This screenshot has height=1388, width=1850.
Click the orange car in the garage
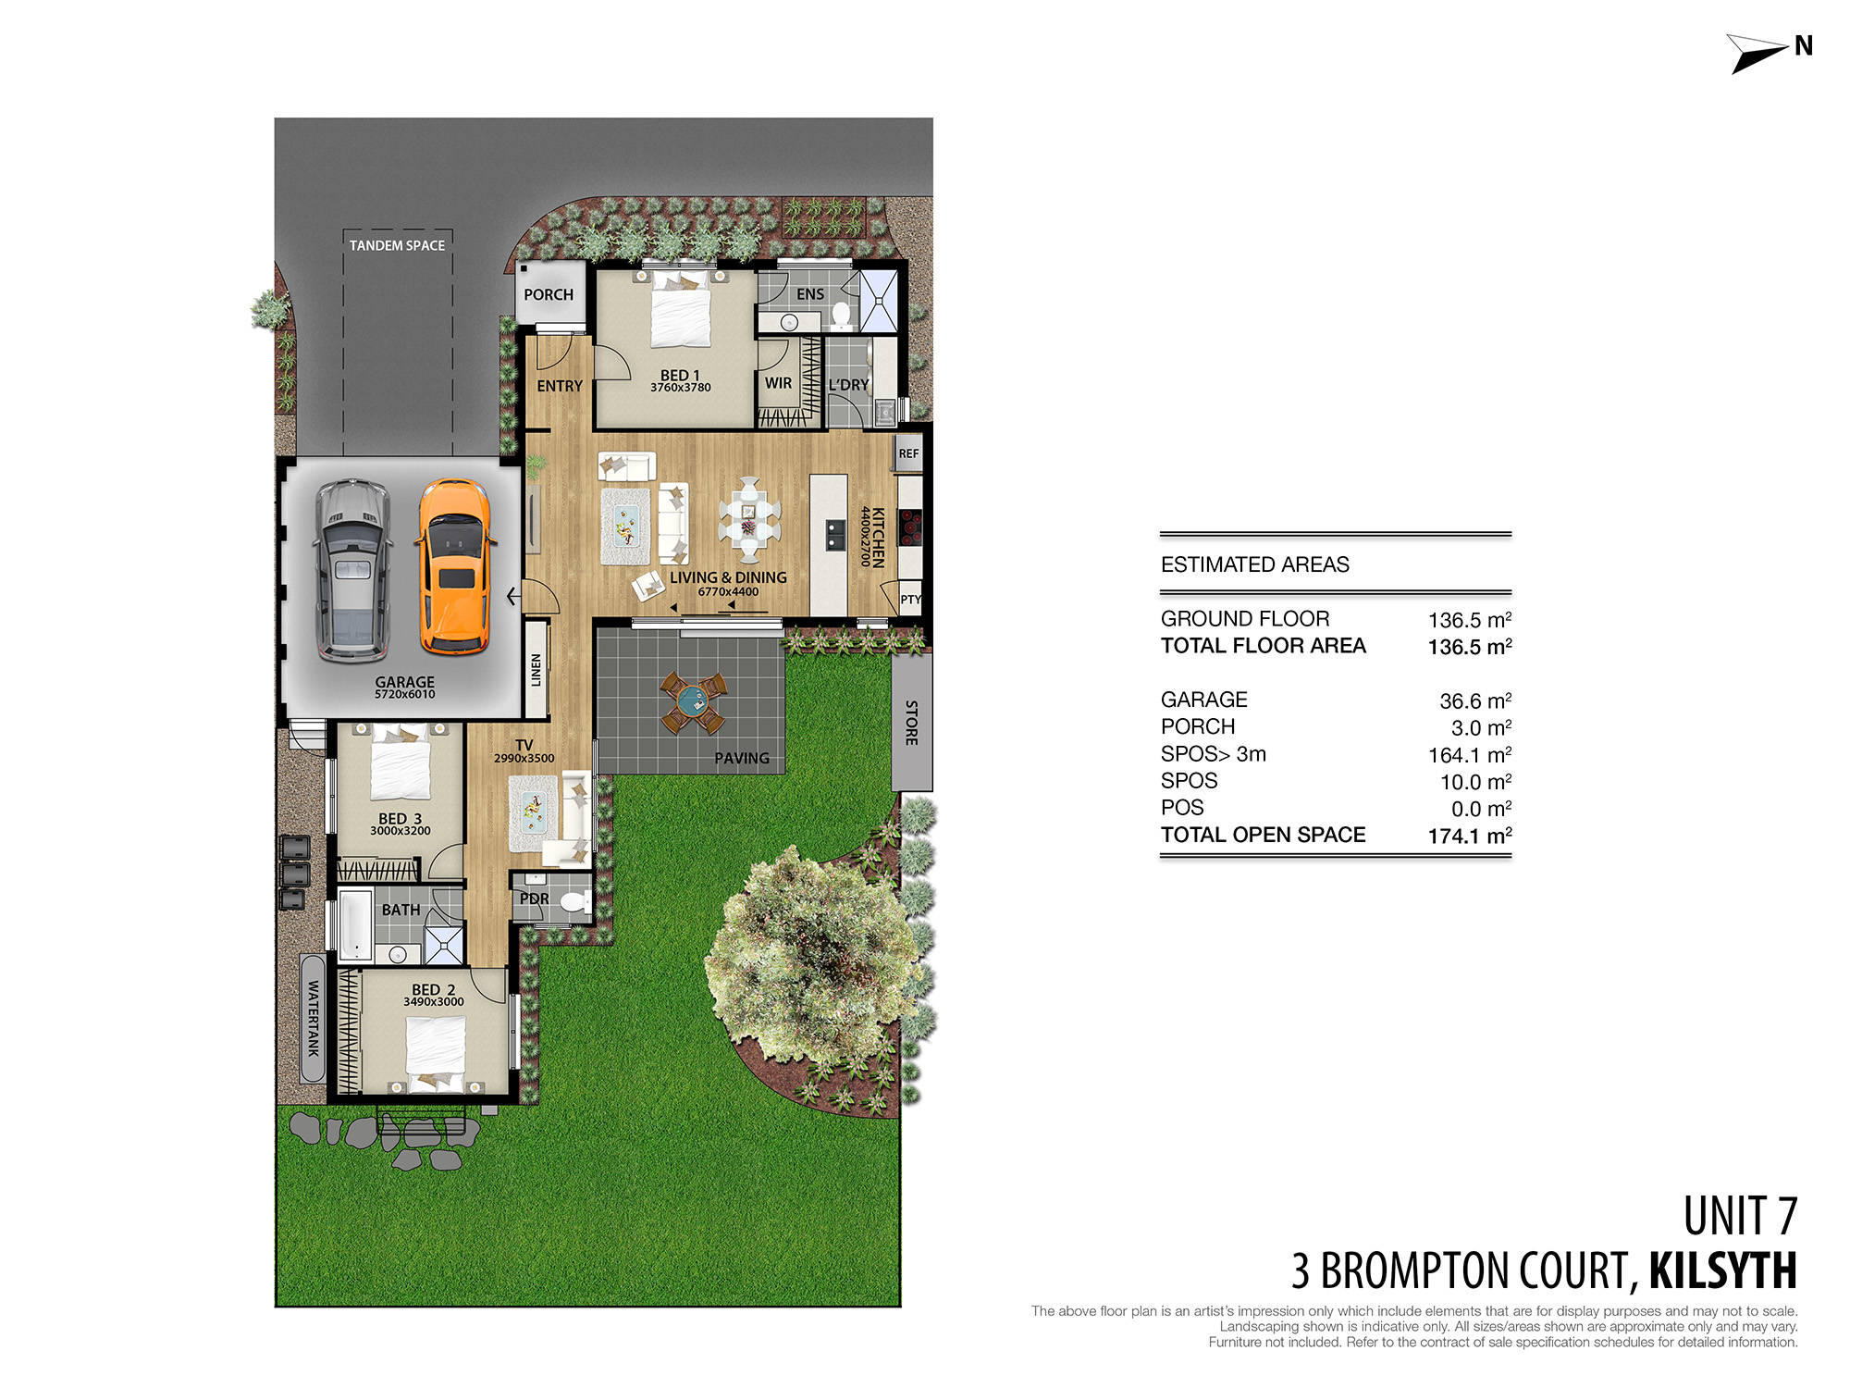(454, 566)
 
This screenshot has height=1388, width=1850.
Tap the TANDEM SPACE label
(397, 245)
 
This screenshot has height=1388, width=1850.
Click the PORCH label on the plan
(549, 295)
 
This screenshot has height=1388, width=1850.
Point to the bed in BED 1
(681, 309)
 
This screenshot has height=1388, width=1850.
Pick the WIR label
(778, 383)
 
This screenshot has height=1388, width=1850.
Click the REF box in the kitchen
(908, 453)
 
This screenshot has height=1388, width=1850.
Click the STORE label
(911, 723)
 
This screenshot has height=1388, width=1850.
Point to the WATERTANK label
(313, 1018)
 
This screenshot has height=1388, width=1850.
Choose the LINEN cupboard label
(536, 670)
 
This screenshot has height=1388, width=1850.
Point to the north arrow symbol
(1757, 53)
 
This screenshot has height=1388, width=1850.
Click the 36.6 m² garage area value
(1474, 701)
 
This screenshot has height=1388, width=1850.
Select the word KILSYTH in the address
(1722, 1271)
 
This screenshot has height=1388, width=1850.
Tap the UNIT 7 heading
(1739, 1217)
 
